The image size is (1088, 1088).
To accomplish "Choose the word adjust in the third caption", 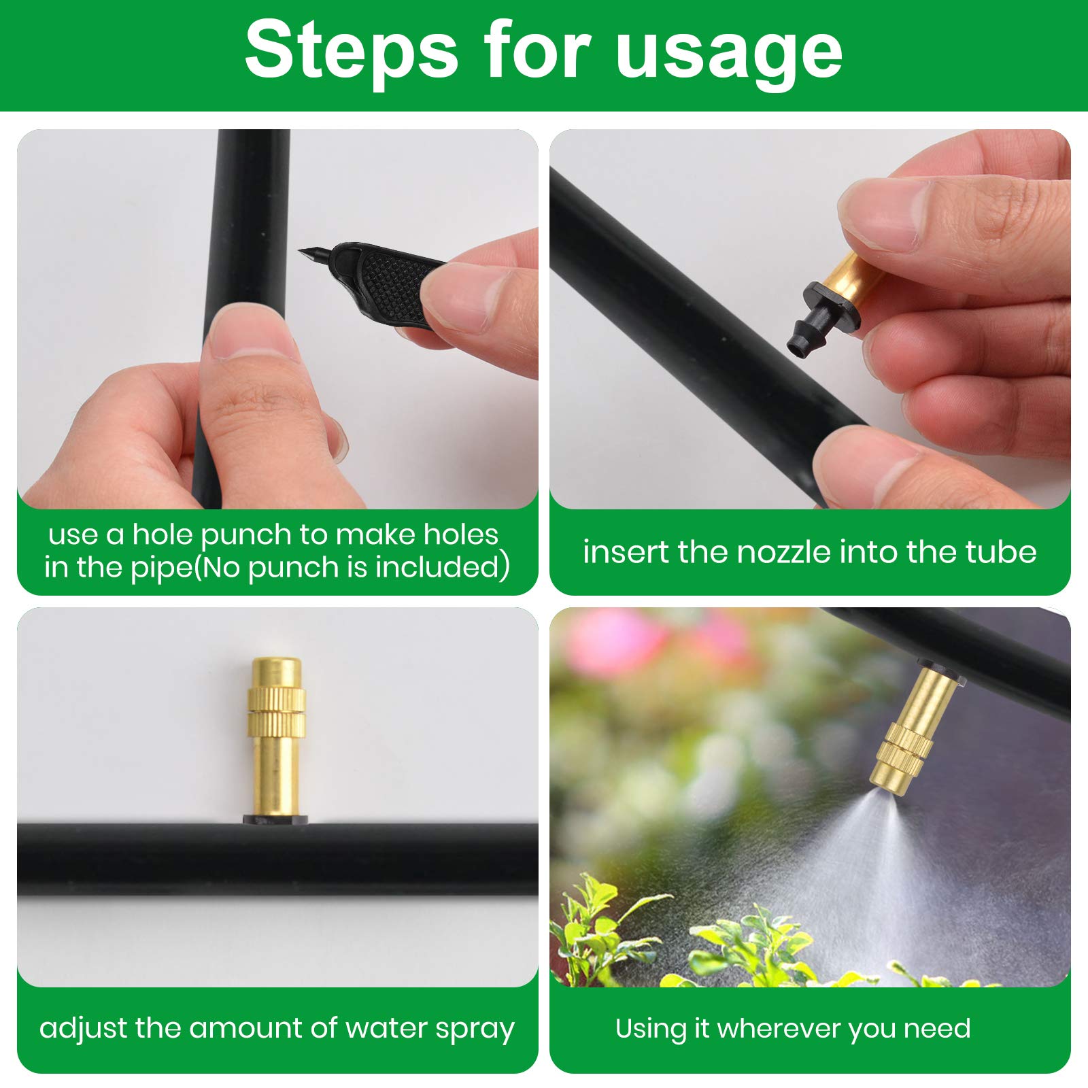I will point(82,1029).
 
